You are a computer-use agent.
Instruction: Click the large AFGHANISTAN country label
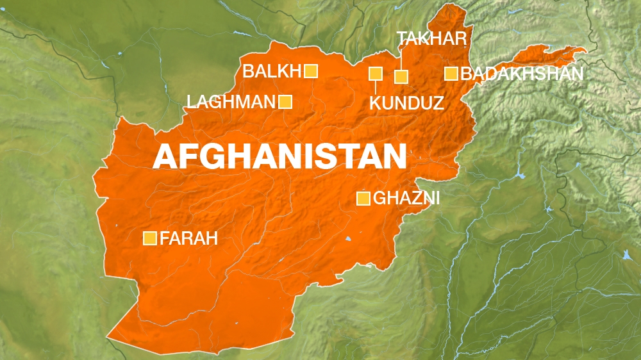pos(279,156)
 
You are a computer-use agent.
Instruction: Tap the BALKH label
pos(272,71)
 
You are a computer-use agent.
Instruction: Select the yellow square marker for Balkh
pos(311,71)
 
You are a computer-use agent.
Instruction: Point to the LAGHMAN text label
pos(231,101)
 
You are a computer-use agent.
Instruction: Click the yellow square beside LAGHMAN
pos(285,101)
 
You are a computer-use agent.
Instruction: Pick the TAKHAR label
pos(431,38)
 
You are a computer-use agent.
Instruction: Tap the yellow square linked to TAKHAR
pos(401,77)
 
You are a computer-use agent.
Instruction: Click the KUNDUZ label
pos(406,102)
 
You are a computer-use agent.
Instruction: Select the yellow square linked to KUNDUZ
pos(376,74)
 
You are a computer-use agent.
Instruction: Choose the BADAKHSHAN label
pos(522,74)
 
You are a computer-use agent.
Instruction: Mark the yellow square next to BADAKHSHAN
pos(451,74)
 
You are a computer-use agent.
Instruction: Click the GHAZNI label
pos(406,199)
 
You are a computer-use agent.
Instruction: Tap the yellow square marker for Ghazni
pos(363,199)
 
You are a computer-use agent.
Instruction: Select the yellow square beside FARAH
pos(150,239)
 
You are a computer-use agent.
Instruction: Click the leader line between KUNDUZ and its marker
pos(376,87)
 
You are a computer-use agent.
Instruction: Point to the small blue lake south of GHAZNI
pos(348,240)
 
